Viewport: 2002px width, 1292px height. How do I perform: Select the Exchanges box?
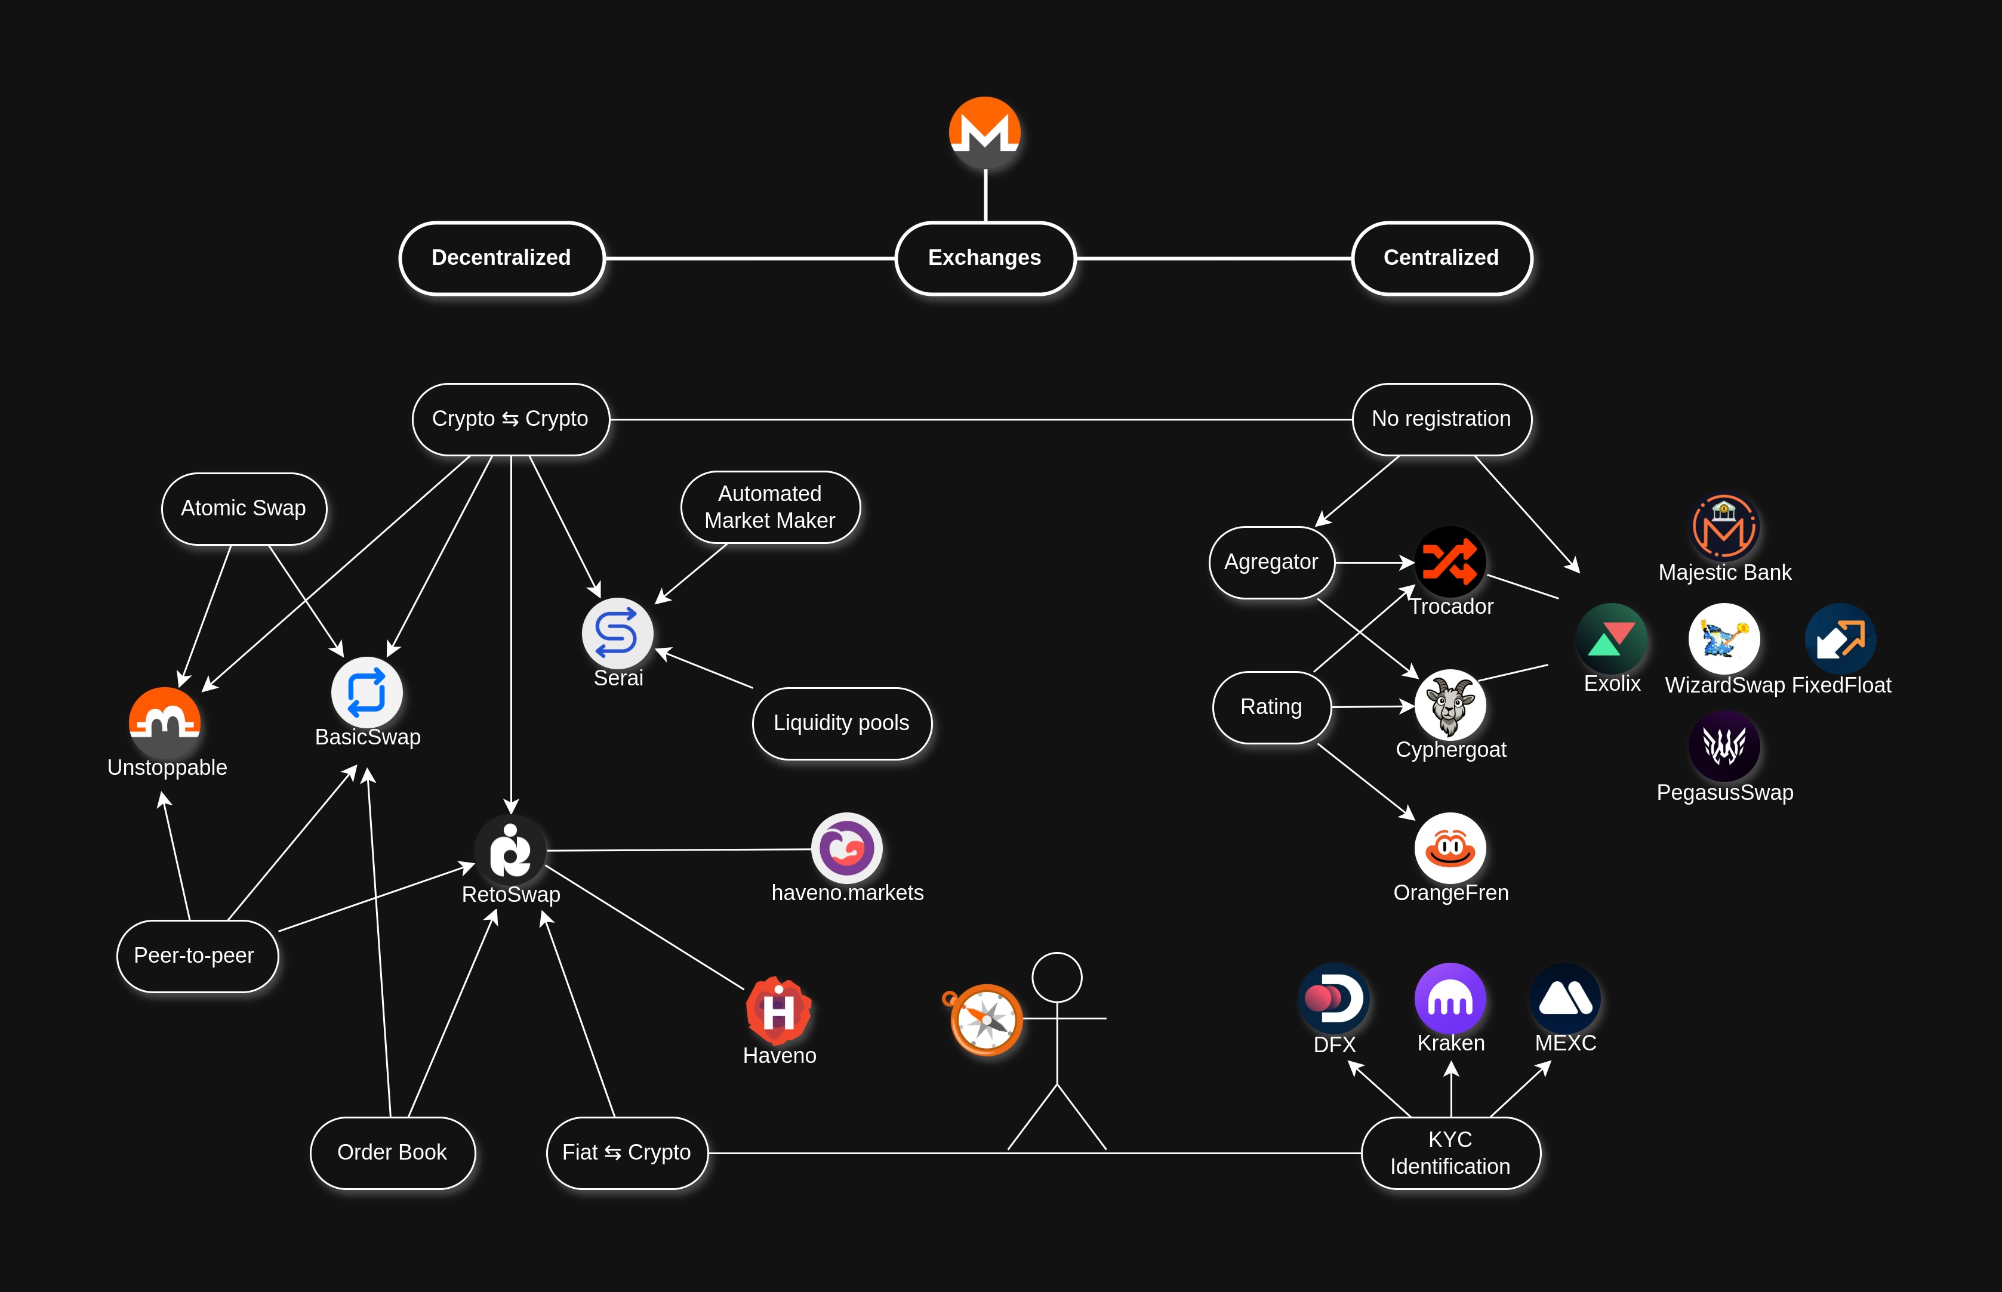click(x=985, y=258)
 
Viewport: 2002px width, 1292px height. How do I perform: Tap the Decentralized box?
click(x=501, y=258)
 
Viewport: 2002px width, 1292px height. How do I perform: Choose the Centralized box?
click(x=1442, y=258)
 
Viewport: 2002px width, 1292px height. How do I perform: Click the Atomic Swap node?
click(x=244, y=508)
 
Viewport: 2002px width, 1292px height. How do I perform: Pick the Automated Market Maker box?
click(x=770, y=507)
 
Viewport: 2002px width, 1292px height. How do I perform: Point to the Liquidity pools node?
click(x=841, y=723)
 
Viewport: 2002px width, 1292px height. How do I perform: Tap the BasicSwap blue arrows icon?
click(x=367, y=692)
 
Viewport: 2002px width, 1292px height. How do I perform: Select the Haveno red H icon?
click(x=778, y=1009)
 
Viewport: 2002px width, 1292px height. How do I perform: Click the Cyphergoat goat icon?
click(x=1450, y=704)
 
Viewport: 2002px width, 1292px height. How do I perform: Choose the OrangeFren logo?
click(x=1450, y=848)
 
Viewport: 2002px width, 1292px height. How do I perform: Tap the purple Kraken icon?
click(x=1450, y=999)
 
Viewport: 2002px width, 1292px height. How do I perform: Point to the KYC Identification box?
click(x=1450, y=1153)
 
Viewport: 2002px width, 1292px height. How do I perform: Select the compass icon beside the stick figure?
click(x=986, y=1019)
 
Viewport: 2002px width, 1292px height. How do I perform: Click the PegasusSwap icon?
click(x=1724, y=745)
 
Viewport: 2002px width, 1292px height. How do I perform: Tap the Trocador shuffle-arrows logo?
click(x=1450, y=561)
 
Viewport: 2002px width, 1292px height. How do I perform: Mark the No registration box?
click(x=1442, y=419)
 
